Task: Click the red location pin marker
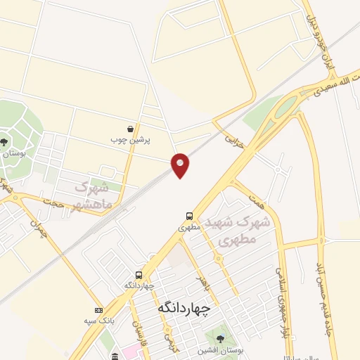point(181,165)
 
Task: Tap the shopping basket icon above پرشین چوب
point(131,129)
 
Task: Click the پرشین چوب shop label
point(131,139)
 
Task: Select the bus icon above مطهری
point(189,216)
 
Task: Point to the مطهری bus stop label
point(189,227)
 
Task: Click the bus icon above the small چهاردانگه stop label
point(139,275)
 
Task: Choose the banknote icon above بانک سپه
point(98,310)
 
